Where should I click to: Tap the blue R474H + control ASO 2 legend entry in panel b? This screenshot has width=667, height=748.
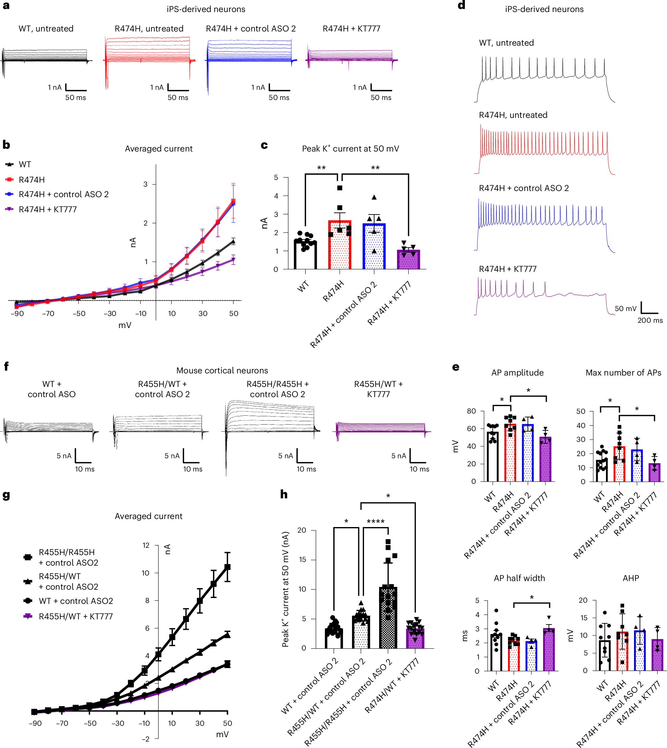pos(63,194)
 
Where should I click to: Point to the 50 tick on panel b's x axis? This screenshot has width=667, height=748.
pos(233,314)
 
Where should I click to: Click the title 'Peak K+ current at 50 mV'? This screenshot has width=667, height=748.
pos(350,148)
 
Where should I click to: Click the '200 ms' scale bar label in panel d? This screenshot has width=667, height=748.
pos(650,320)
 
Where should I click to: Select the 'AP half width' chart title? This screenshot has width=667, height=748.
pos(519,578)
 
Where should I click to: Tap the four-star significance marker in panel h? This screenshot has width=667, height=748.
pos(375,521)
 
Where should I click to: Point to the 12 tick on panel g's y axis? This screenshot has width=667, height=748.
pos(146,546)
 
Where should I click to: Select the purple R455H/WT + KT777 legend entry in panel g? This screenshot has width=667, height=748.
pos(76,616)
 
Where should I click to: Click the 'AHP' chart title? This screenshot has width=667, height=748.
pos(630,578)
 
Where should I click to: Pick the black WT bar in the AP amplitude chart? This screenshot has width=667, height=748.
pos(492,457)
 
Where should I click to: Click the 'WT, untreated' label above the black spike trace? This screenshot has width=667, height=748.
pos(506,43)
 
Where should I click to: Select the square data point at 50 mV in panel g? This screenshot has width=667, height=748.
pos(227,567)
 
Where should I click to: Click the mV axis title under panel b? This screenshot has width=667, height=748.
pos(125,325)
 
